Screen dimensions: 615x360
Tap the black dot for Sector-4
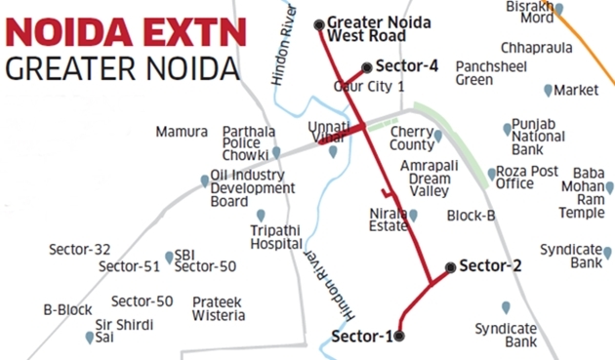pyautogui.click(x=366, y=67)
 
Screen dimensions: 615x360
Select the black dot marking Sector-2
pyautogui.click(x=449, y=265)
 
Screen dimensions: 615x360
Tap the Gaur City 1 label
pyautogui.click(x=369, y=87)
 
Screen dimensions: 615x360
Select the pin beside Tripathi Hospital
pyautogui.click(x=261, y=215)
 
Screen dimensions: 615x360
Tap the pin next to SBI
pyautogui.click(x=170, y=256)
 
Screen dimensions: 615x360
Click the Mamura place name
pyautogui.click(x=181, y=132)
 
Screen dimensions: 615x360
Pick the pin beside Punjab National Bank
pyautogui.click(x=507, y=129)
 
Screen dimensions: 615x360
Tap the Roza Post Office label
pyautogui.click(x=527, y=177)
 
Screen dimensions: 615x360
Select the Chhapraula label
pyautogui.click(x=533, y=47)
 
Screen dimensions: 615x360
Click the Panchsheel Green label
pyautogui.click(x=488, y=73)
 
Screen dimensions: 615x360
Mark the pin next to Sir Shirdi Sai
pyautogui.click(x=91, y=338)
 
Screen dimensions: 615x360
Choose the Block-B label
pyautogui.click(x=471, y=215)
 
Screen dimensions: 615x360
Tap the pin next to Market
pyautogui.click(x=547, y=90)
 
